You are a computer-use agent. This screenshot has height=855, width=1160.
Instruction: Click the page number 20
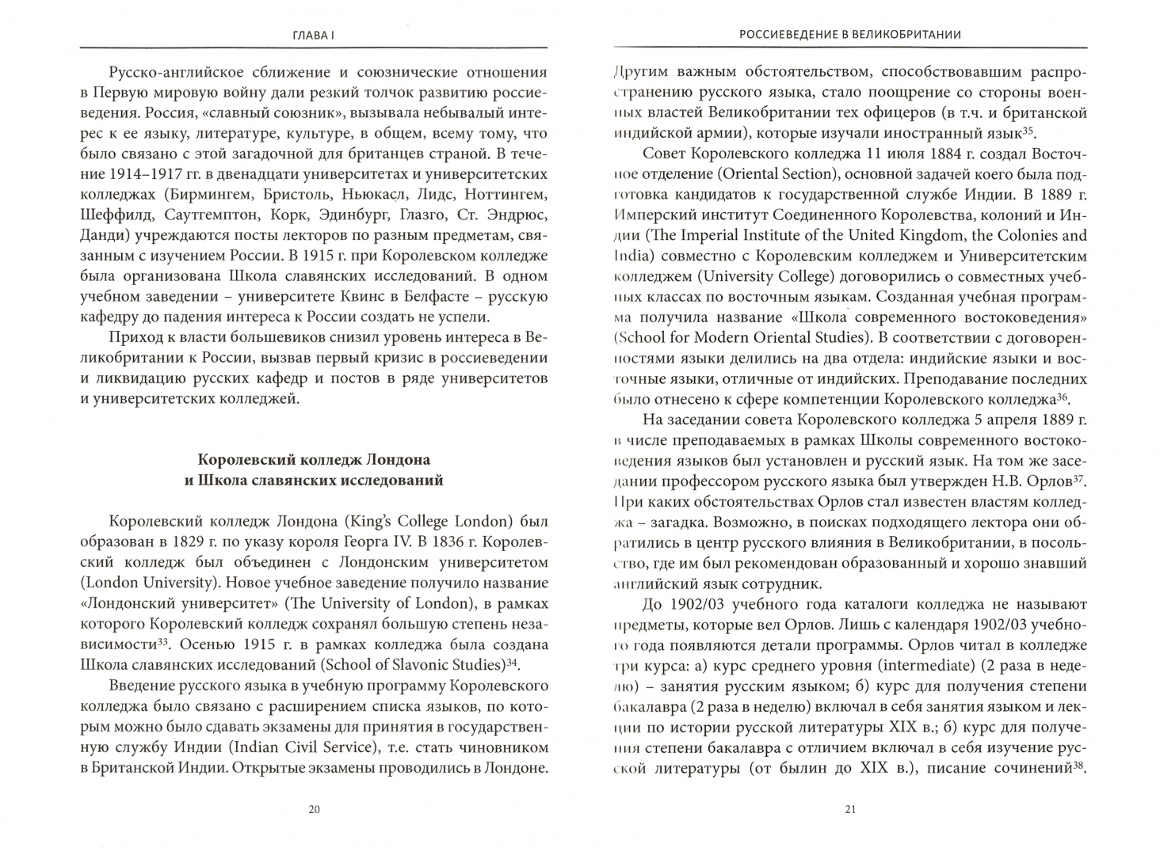click(314, 809)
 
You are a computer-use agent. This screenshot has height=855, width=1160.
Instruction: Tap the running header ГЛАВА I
click(314, 34)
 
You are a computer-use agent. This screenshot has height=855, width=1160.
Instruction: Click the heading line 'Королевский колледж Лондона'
click(314, 459)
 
